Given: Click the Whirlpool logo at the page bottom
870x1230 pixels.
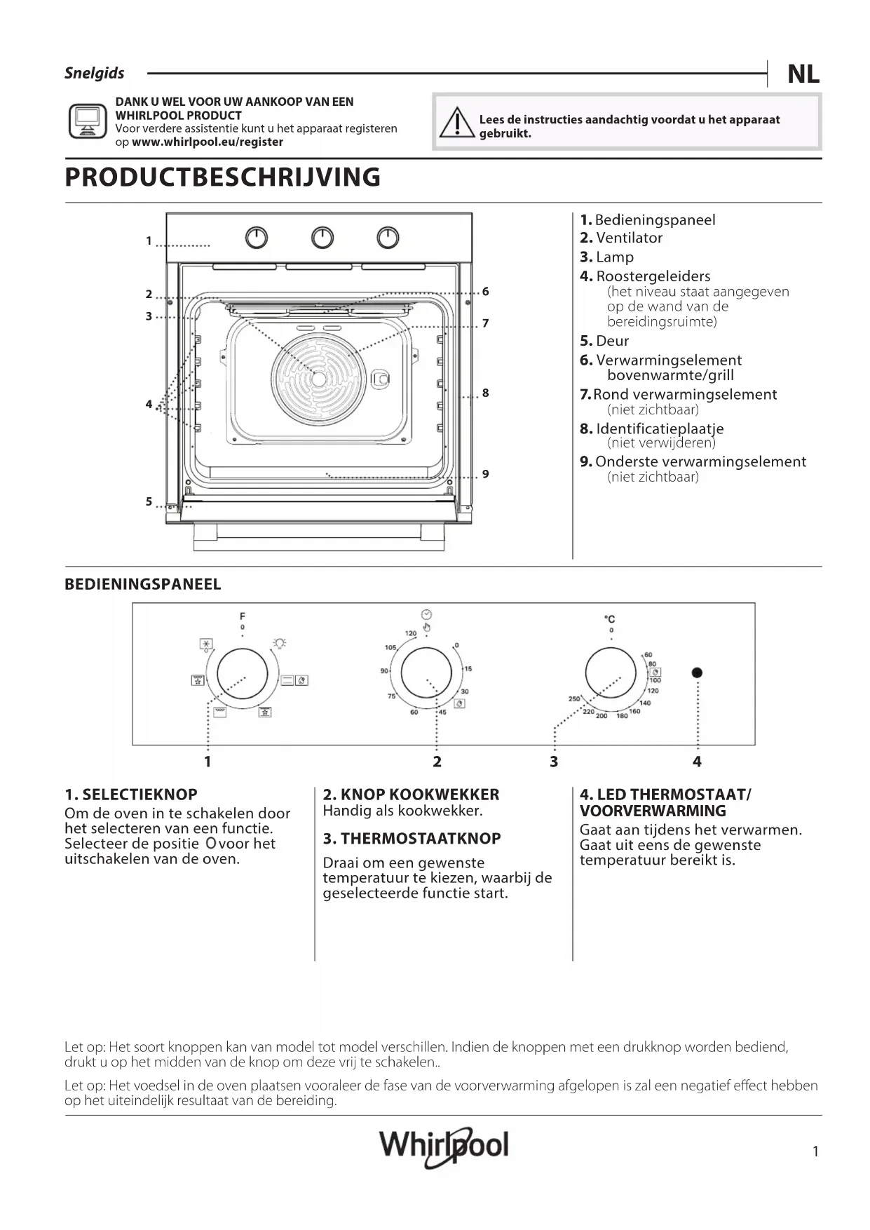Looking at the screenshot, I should [443, 1147].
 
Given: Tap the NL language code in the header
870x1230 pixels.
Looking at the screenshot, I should [803, 74].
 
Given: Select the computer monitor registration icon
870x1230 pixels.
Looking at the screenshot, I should [87, 121].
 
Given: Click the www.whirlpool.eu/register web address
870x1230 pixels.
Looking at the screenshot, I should [208, 142].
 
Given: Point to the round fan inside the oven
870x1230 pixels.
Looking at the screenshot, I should [319, 379].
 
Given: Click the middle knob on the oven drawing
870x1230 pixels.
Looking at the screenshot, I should [322, 238].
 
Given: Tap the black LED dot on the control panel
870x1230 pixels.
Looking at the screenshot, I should [697, 673].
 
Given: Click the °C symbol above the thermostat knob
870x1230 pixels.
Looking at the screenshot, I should [610, 619].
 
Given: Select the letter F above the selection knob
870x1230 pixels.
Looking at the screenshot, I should [243, 616].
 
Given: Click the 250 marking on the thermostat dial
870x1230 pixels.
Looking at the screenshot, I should [574, 699].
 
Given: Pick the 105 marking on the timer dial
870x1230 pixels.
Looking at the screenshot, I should [390, 647].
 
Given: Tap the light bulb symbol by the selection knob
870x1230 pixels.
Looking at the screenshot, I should [280, 642].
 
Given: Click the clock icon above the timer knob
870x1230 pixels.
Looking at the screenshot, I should [426, 613].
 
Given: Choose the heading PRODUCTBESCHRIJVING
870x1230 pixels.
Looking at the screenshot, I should [222, 177].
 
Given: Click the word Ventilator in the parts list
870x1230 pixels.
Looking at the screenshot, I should [629, 238].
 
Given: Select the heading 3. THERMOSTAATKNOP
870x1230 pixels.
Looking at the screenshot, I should [412, 839].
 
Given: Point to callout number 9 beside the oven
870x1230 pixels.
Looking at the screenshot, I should [485, 474].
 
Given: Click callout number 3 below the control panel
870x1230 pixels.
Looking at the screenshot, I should [554, 762].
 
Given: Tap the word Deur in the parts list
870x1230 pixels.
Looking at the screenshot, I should [612, 341].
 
